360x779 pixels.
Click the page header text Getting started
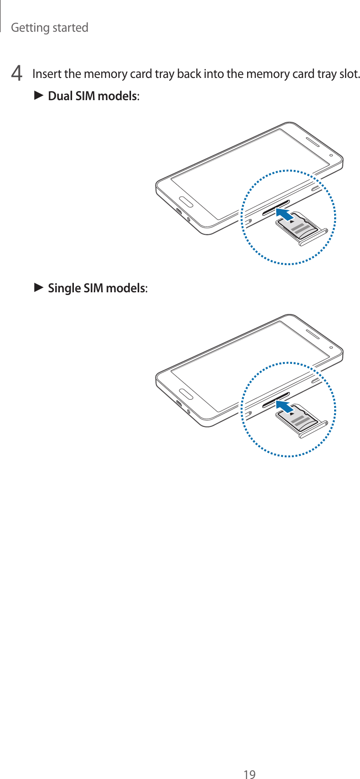(x=49, y=28)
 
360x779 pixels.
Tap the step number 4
(x=17, y=73)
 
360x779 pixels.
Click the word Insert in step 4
(x=47, y=73)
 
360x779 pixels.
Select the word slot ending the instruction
(x=349, y=73)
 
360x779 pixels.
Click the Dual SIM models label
(x=93, y=96)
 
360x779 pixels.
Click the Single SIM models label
(x=97, y=288)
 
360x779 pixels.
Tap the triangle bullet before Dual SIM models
(x=39, y=96)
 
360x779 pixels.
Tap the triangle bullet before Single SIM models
(x=39, y=288)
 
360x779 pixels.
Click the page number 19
(x=249, y=762)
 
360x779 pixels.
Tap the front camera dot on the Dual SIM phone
(x=331, y=155)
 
